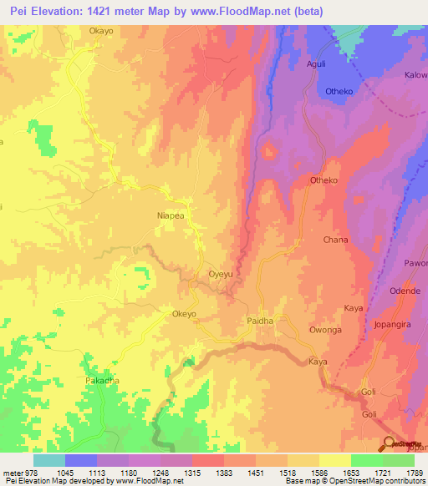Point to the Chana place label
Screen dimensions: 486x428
[335, 240]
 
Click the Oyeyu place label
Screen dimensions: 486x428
[220, 274]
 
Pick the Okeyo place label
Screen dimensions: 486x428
[184, 314]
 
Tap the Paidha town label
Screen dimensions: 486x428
[260, 321]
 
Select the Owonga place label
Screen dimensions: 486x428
[325, 331]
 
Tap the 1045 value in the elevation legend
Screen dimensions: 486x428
[64, 473]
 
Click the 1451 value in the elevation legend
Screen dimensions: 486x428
[255, 473]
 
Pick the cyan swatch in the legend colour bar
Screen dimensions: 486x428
[49, 460]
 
